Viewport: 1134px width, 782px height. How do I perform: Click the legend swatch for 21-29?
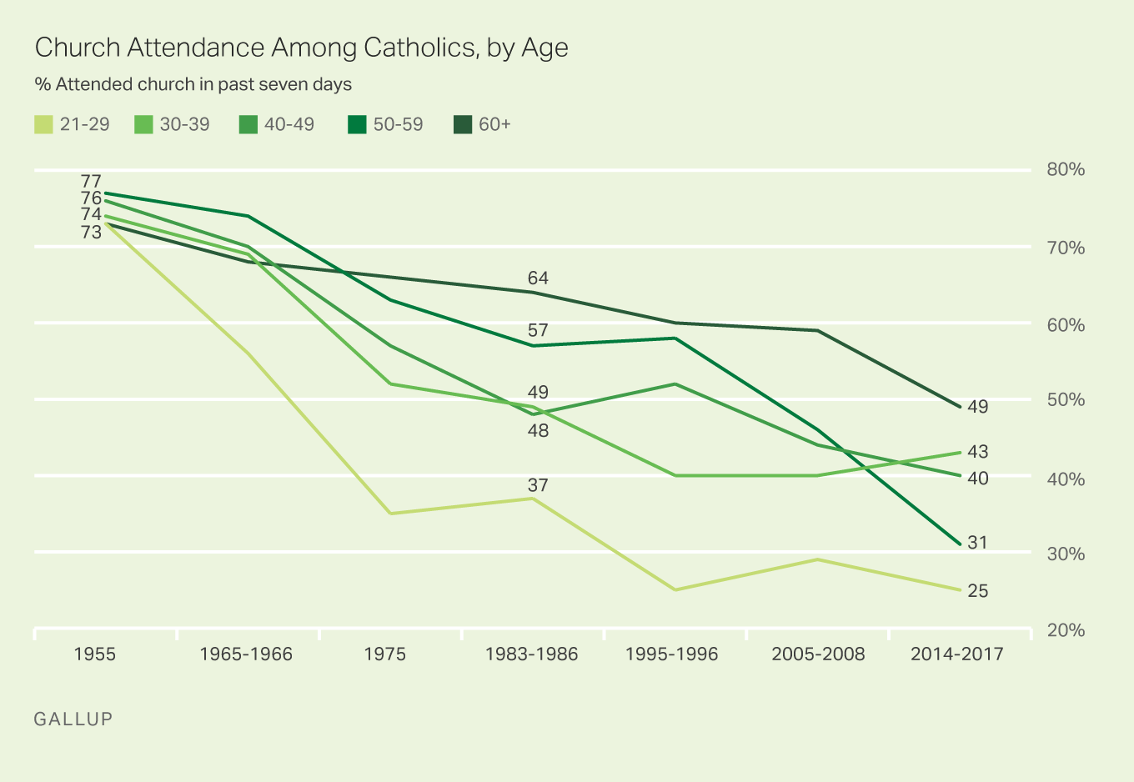tap(43, 125)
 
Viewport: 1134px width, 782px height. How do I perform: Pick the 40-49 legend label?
tap(289, 125)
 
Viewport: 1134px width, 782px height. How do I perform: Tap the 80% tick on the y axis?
tap(1065, 170)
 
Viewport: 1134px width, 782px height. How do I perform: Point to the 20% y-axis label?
tap(1065, 630)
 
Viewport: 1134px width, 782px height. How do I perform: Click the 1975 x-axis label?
tap(384, 654)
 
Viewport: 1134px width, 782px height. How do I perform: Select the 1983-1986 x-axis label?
tap(531, 654)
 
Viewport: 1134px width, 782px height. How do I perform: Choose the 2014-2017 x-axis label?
tap(956, 654)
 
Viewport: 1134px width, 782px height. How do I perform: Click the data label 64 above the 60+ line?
tap(538, 278)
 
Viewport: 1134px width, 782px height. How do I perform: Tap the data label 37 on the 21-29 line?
tap(538, 485)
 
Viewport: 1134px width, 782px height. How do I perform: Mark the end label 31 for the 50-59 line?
tap(977, 543)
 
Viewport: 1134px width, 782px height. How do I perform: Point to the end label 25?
tap(977, 591)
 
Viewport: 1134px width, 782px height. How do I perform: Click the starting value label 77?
tap(91, 181)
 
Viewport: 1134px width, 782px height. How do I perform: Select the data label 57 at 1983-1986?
tap(538, 331)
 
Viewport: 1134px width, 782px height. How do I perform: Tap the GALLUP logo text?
tap(73, 719)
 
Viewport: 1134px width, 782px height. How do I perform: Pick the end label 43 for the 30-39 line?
tap(977, 452)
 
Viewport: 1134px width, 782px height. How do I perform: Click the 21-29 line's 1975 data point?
tap(390, 514)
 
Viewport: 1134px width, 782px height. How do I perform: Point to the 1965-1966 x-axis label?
tap(246, 654)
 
